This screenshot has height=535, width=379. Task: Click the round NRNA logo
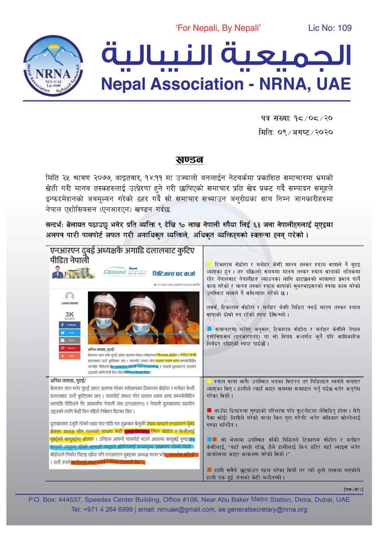(x=52, y=65)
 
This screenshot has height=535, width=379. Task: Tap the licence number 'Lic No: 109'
(x=330, y=28)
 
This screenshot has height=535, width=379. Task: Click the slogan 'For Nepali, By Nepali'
(x=218, y=28)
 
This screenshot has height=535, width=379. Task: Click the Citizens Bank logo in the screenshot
(x=115, y=272)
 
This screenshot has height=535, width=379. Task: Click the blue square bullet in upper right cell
(x=210, y=328)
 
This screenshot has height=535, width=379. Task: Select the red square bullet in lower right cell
(x=210, y=409)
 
